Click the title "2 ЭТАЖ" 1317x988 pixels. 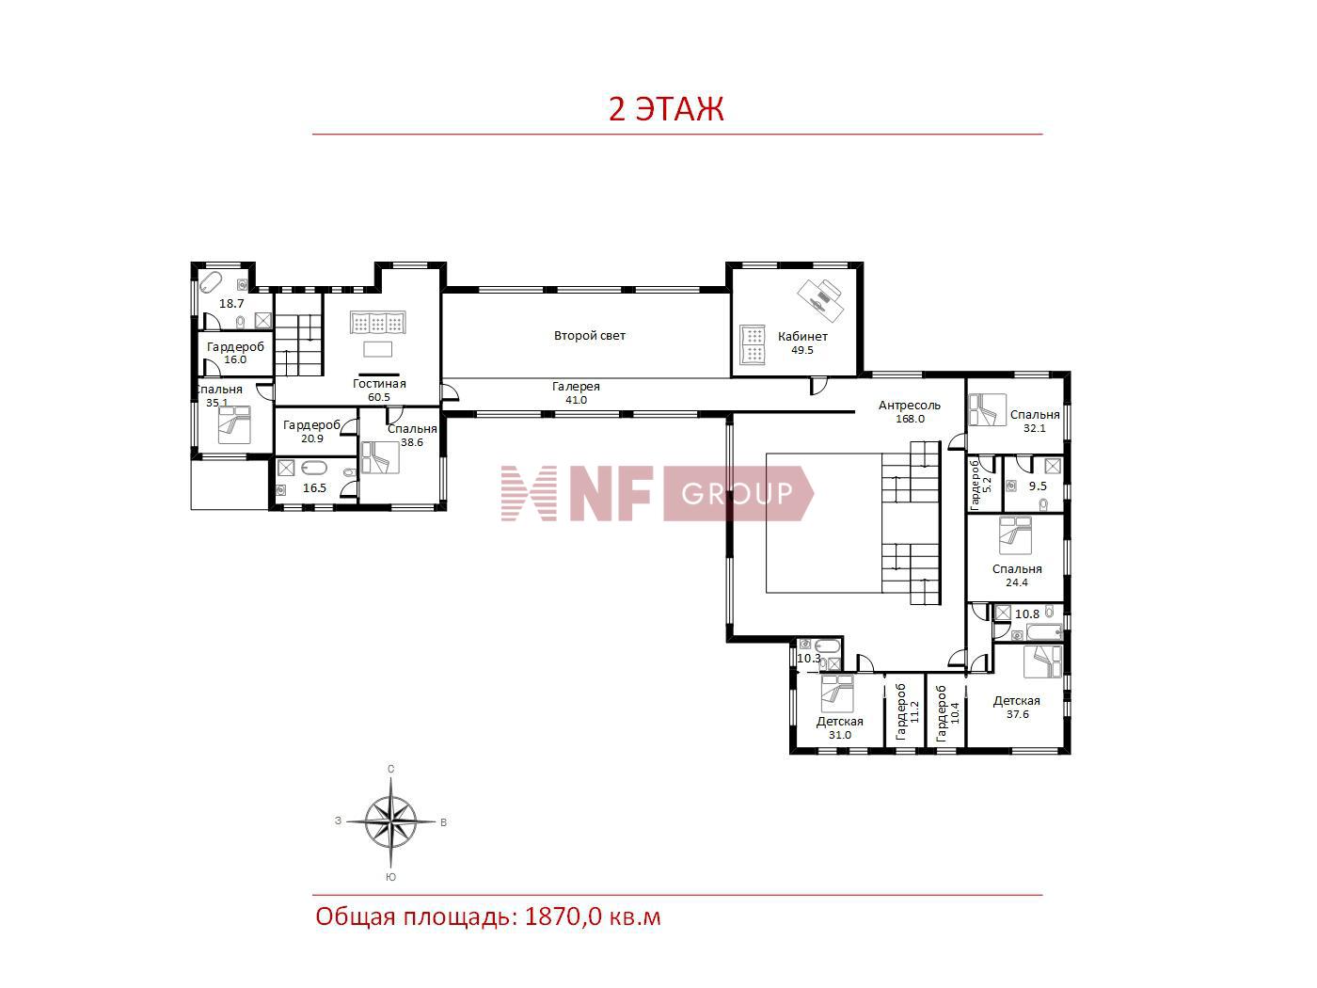pos(666,109)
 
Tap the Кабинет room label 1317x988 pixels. pos(802,336)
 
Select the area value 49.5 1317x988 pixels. pos(802,350)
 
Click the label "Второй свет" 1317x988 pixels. pos(589,336)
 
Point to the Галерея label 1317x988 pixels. pos(576,387)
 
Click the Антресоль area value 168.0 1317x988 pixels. pos(909,419)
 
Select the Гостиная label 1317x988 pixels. pos(379,384)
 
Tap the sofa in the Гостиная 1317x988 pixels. pos(378,324)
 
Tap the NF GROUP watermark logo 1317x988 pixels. pos(657,493)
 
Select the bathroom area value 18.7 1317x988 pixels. pos(231,304)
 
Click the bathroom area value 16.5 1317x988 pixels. pos(314,488)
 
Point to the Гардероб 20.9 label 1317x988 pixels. pos(311,425)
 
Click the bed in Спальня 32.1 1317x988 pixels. pos(988,410)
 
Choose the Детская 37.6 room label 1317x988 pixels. pos(1017,701)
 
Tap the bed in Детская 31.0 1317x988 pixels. pos(836,694)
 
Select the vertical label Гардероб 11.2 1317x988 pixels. pos(906,711)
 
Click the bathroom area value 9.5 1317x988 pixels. pos(1038,486)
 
